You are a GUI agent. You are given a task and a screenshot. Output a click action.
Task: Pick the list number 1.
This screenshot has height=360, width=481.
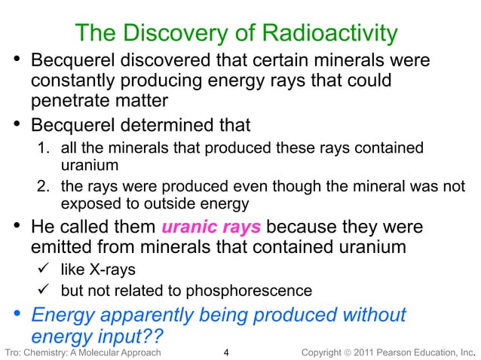(44, 147)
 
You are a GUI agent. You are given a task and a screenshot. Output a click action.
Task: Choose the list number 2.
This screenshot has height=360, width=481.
(44, 187)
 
